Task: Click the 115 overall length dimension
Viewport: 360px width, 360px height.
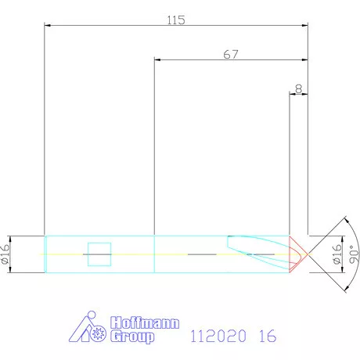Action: [x=176, y=20]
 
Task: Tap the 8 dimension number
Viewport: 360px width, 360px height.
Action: [x=299, y=89]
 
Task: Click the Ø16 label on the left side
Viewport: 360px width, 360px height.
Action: [x=6, y=254]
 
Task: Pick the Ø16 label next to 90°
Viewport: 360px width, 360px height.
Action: [x=337, y=254]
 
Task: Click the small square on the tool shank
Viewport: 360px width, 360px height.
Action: [x=99, y=254]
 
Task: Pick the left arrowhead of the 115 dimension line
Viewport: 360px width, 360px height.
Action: [x=49, y=27]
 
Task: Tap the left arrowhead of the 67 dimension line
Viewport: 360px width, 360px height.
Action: [x=159, y=60]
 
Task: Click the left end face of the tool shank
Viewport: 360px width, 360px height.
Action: [x=45, y=254]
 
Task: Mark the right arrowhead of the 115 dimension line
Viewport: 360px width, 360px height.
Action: [x=304, y=27]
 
